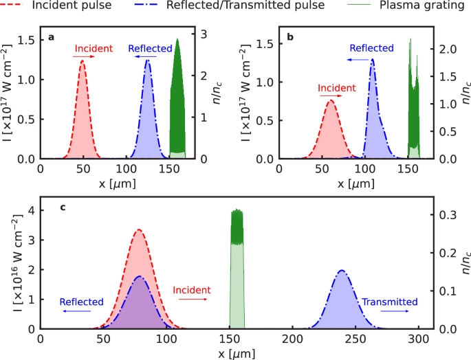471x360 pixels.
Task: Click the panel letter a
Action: tap(51, 37)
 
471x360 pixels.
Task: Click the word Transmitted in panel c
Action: tap(390, 302)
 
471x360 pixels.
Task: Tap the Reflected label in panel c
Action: tap(81, 302)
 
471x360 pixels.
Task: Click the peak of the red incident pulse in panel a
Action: tap(83, 61)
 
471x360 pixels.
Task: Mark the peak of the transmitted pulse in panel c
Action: tap(342, 271)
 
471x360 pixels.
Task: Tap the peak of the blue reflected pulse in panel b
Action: tap(373, 59)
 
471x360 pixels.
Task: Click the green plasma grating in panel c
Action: tap(237, 275)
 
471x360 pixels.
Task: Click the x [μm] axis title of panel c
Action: tap(234, 353)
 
